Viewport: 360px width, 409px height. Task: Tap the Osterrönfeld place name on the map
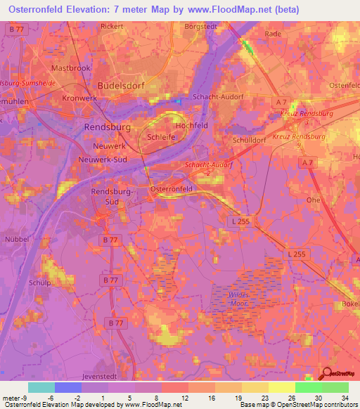tap(172, 190)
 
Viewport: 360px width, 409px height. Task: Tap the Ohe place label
tap(314, 200)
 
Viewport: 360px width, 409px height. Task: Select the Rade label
tap(273, 33)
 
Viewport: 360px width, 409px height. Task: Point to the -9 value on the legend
tap(25, 398)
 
